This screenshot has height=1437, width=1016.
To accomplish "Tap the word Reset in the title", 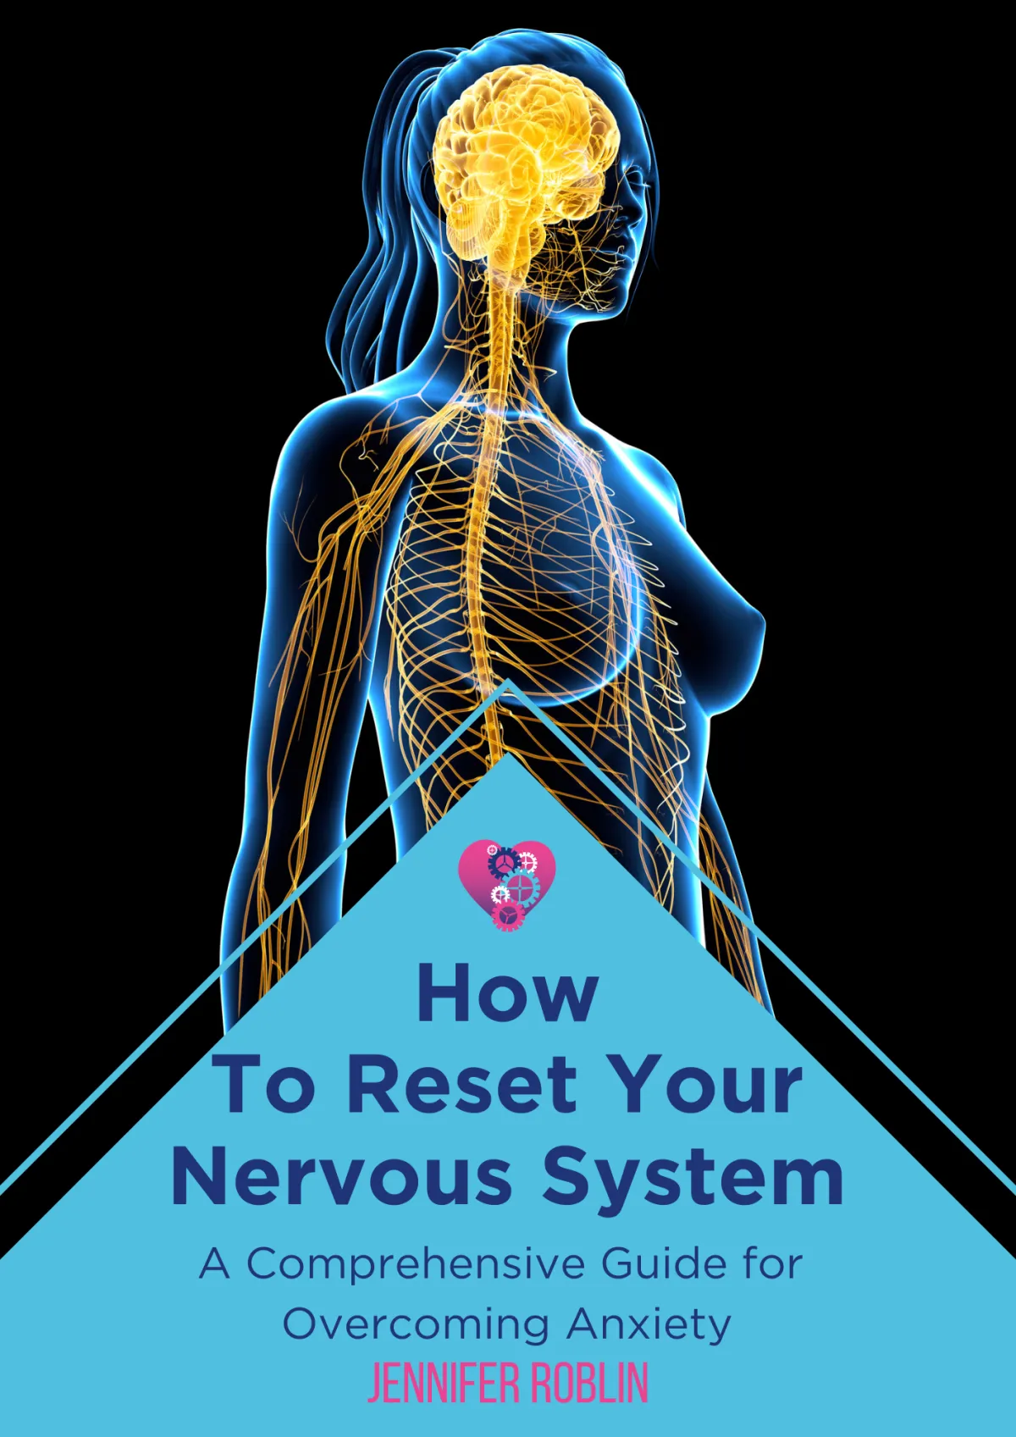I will tap(462, 1086).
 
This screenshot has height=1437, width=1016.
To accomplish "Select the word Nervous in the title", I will tap(342, 1178).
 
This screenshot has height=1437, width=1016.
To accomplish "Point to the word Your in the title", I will tap(706, 1086).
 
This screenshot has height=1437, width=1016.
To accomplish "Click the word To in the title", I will tap(264, 1086).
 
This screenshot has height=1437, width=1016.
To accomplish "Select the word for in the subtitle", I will tap(772, 1264).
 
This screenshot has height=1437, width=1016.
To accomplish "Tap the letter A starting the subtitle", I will tap(214, 1264).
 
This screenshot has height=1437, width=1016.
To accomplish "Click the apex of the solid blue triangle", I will tap(507, 756).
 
